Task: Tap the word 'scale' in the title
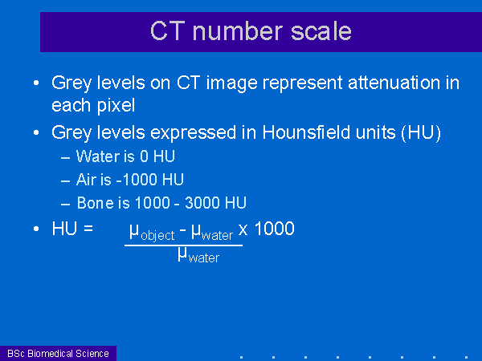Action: point(321,31)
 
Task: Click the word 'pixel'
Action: point(116,106)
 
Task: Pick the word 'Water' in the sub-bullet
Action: point(98,156)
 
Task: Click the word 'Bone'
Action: point(95,203)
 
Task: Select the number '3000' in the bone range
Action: point(202,203)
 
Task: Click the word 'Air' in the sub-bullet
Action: point(85,180)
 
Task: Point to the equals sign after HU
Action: point(88,229)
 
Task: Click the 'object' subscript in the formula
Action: point(157,236)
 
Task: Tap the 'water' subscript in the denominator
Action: point(204,258)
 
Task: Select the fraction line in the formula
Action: point(183,245)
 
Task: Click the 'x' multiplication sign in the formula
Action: point(243,229)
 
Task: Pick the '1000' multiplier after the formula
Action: point(275,229)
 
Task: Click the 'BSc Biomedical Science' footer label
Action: point(58,354)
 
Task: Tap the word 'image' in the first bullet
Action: point(231,83)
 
